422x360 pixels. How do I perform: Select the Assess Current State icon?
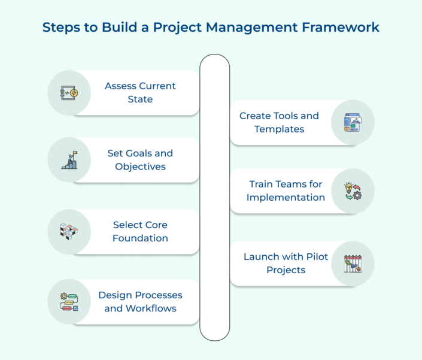point(69,92)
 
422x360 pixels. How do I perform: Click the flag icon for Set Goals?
point(69,160)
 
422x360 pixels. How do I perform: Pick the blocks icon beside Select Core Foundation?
point(69,231)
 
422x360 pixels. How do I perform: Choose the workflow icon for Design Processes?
point(69,302)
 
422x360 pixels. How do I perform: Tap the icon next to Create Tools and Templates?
point(353,122)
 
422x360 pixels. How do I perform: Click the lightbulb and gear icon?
point(353,190)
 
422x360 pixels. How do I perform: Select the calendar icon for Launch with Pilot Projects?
point(353,264)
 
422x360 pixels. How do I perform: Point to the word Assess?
point(120,86)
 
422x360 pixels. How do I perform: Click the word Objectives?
point(140,166)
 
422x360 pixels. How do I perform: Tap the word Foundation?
point(140,238)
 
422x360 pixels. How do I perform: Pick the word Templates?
point(279,129)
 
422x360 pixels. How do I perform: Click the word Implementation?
point(286,197)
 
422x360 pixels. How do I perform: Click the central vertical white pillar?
point(214,198)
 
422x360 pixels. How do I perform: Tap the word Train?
point(262,184)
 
